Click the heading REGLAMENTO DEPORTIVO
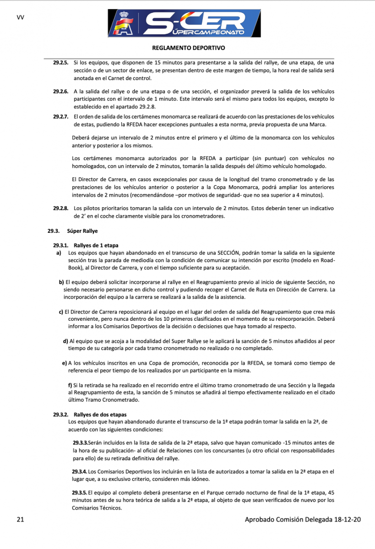188,48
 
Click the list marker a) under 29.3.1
59,253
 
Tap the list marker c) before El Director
61,312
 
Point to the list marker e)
64,363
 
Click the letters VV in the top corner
20,17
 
